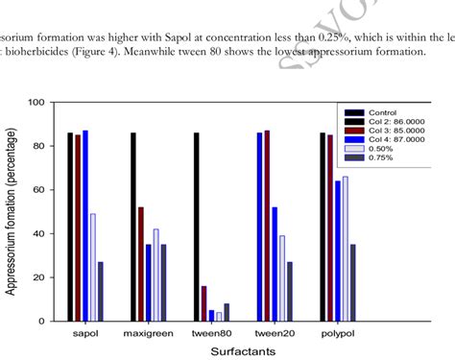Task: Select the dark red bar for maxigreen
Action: click(x=141, y=263)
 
